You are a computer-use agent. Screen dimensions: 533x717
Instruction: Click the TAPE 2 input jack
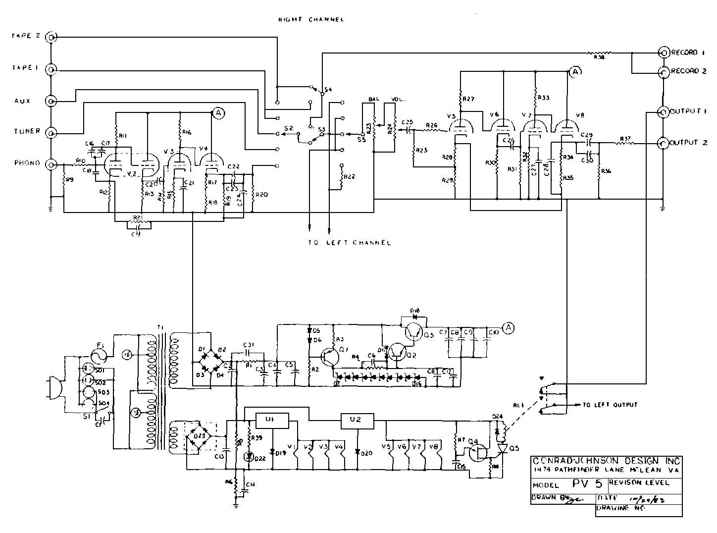(51, 37)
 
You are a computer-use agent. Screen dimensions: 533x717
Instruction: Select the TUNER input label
(27, 132)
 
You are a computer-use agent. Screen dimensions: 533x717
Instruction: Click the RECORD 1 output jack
(663, 53)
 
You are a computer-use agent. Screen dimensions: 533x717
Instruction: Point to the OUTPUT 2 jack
(663, 144)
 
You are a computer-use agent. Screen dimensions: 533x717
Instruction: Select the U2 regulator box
(358, 421)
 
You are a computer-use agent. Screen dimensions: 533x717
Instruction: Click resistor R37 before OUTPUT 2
(625, 144)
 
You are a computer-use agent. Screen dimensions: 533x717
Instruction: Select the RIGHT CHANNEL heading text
(311, 19)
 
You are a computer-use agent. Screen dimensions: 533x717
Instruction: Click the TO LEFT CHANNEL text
(349, 243)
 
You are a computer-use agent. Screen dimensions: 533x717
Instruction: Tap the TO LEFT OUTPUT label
(609, 405)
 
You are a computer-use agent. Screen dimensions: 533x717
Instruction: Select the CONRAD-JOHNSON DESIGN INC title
(606, 460)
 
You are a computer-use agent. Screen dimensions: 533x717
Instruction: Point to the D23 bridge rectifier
(199, 436)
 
